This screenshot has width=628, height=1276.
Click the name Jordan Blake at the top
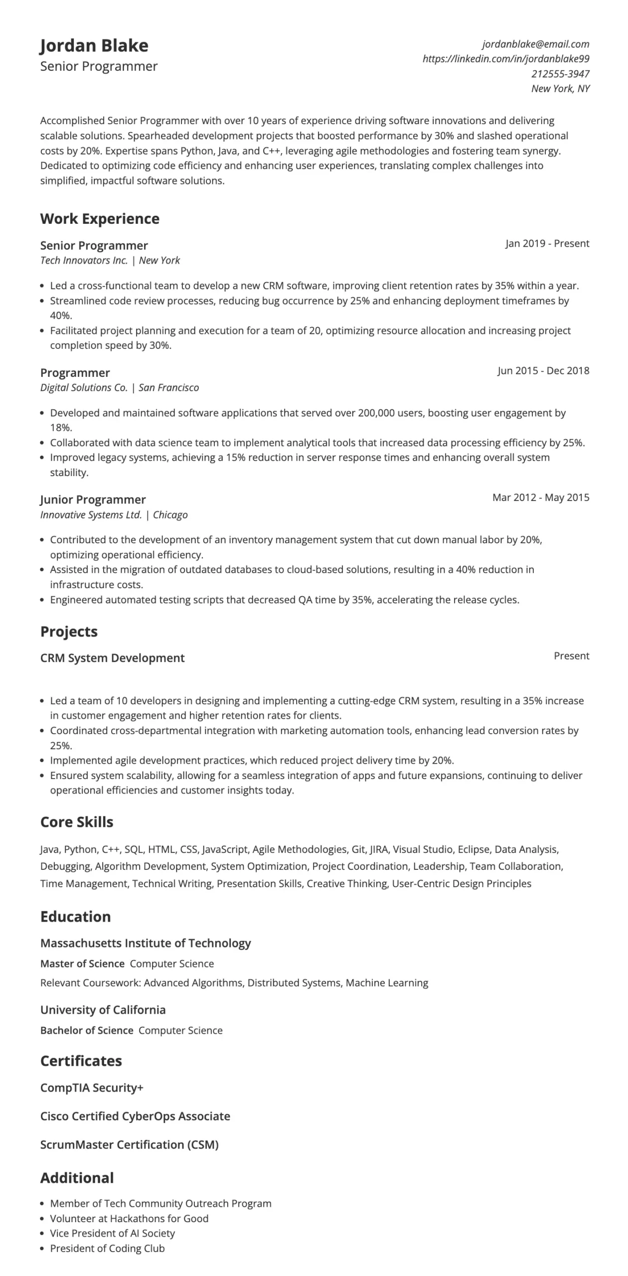[94, 46]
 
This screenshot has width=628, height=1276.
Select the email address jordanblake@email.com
[535, 44]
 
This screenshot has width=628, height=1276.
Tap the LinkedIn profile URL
[505, 59]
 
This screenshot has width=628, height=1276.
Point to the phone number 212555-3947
[560, 74]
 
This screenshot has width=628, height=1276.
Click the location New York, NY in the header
[560, 89]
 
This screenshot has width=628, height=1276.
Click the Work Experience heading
[100, 219]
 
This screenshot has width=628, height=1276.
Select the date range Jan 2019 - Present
[547, 244]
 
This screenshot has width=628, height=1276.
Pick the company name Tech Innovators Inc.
[84, 260]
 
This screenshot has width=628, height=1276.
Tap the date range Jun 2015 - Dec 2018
[543, 371]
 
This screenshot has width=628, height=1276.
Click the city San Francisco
[168, 388]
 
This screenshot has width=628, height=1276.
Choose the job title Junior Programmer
[93, 500]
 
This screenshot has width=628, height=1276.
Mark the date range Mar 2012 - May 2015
[540, 497]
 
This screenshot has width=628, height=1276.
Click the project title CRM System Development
[112, 658]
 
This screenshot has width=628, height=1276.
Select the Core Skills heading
[77, 822]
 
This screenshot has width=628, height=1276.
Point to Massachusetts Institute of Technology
[146, 943]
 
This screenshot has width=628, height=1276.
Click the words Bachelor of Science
[87, 1030]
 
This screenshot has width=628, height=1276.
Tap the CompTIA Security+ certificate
[92, 1088]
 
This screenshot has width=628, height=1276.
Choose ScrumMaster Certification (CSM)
[130, 1144]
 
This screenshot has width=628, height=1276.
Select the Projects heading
[69, 632]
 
